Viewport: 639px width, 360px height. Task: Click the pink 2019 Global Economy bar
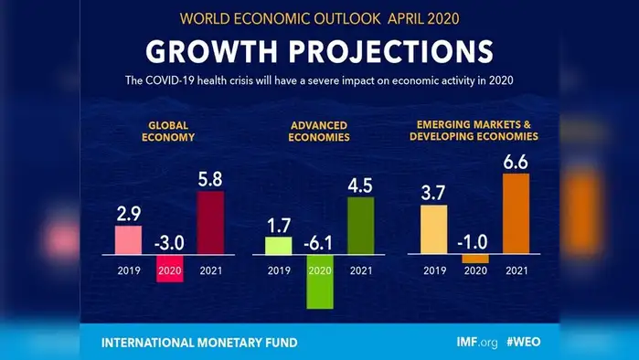coord(128,239)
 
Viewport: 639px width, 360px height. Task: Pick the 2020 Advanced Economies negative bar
coord(320,286)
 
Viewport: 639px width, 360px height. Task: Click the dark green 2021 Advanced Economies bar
coord(361,226)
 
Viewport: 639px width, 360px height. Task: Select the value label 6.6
coord(516,160)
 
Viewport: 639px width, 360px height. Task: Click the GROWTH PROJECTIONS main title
coord(319,50)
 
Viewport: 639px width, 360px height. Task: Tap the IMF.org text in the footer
coord(476,343)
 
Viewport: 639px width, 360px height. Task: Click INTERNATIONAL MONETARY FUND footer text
coord(198,343)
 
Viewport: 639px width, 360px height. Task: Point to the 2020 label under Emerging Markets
coord(474,270)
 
